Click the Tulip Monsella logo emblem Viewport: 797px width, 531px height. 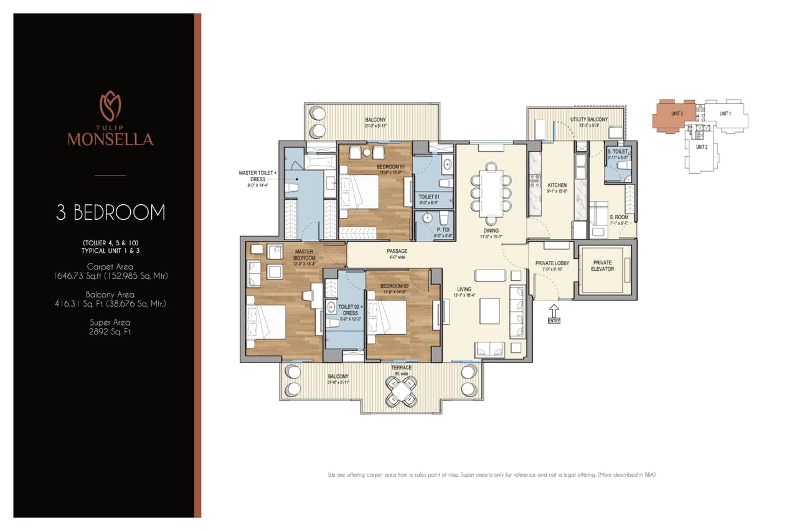(x=110, y=106)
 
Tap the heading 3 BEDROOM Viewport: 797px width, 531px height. (x=111, y=212)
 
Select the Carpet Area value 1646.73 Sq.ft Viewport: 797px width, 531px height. (x=111, y=276)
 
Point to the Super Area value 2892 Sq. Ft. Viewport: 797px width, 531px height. (x=110, y=332)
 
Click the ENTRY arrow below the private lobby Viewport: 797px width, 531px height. (x=554, y=311)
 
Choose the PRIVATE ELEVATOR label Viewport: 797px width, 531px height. (x=603, y=266)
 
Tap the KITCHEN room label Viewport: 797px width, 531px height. (x=557, y=186)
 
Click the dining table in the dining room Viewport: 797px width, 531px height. (x=491, y=193)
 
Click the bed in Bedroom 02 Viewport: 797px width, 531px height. (x=387, y=316)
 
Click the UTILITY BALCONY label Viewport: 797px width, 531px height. (x=589, y=119)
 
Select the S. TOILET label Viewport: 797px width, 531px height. (x=617, y=151)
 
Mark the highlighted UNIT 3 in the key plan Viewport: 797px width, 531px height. (x=672, y=115)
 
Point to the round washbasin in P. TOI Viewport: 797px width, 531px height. (x=427, y=219)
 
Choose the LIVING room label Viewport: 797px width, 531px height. (x=464, y=289)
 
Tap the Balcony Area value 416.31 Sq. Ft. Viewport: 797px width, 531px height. (x=110, y=304)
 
